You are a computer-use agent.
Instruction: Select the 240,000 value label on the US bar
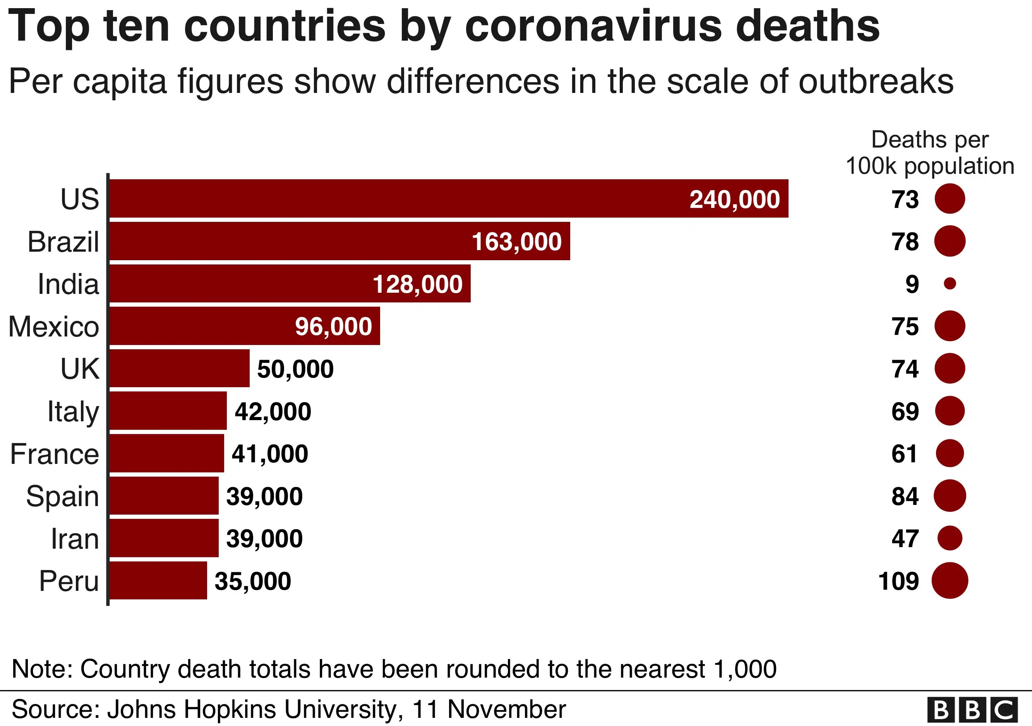(x=734, y=199)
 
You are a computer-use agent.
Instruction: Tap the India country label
(x=68, y=284)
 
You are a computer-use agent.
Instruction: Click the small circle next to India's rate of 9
(x=950, y=283)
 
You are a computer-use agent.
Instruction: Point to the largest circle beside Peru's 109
(x=950, y=580)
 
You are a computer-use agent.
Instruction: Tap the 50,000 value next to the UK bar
(x=295, y=369)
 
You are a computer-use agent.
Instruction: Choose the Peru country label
(x=69, y=581)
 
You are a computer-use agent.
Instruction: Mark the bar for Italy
(x=168, y=411)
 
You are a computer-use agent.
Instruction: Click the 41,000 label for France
(x=270, y=453)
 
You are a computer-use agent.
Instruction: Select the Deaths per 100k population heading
(x=929, y=153)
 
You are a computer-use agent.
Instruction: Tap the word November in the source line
(x=507, y=709)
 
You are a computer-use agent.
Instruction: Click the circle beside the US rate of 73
(x=950, y=199)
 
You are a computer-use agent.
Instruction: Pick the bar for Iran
(x=164, y=538)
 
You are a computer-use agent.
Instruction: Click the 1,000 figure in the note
(x=745, y=669)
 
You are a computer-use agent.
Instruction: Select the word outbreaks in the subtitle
(x=876, y=82)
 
